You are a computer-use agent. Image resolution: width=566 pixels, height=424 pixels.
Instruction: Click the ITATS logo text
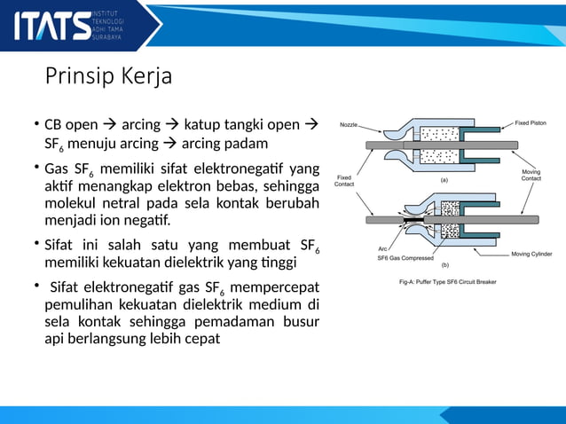click(51, 25)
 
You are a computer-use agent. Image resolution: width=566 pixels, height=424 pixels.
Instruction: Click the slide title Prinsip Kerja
click(108, 77)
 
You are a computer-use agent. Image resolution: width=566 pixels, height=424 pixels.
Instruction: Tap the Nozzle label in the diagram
click(348, 125)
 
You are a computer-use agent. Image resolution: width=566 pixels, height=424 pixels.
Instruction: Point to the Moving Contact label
click(531, 175)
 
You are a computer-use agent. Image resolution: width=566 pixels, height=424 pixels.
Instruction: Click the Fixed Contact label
click(344, 181)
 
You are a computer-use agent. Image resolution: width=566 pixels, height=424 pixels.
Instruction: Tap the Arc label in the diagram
click(383, 249)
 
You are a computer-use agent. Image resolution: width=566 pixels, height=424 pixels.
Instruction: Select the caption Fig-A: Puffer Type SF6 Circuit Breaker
click(447, 282)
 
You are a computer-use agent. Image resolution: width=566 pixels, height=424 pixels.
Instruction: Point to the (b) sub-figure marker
click(444, 265)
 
